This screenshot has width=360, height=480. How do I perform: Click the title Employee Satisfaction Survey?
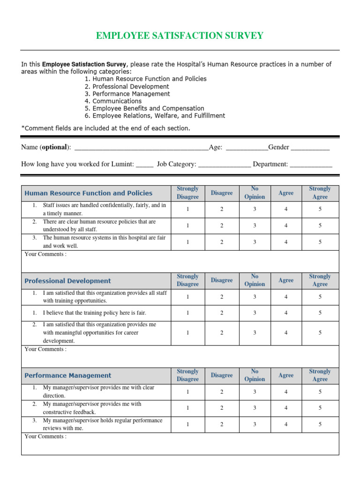(180, 36)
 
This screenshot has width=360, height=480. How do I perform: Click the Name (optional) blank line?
(141, 148)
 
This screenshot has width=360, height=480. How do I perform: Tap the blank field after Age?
(247, 148)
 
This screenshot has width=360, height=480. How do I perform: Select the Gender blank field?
(310, 148)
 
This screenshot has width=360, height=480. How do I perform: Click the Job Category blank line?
(225, 165)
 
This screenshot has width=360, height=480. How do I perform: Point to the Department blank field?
(311, 165)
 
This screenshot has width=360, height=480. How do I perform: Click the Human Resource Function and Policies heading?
(88, 193)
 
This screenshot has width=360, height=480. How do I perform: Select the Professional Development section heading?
(67, 281)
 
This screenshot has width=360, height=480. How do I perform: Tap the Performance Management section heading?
(67, 375)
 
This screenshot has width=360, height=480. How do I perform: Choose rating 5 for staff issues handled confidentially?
(320, 210)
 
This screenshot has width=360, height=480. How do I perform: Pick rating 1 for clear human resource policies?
(187, 226)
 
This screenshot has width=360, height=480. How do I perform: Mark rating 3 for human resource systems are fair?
(255, 242)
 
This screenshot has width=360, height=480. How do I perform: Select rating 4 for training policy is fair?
(286, 313)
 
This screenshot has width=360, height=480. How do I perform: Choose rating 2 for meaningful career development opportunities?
(222, 333)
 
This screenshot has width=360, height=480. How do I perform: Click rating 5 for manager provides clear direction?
(320, 392)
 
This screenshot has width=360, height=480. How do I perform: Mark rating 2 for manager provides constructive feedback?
(222, 408)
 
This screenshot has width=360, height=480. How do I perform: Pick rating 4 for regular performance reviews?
(286, 424)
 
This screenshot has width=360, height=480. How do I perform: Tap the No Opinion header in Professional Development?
(255, 280)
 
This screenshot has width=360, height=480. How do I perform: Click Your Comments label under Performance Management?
(45, 436)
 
